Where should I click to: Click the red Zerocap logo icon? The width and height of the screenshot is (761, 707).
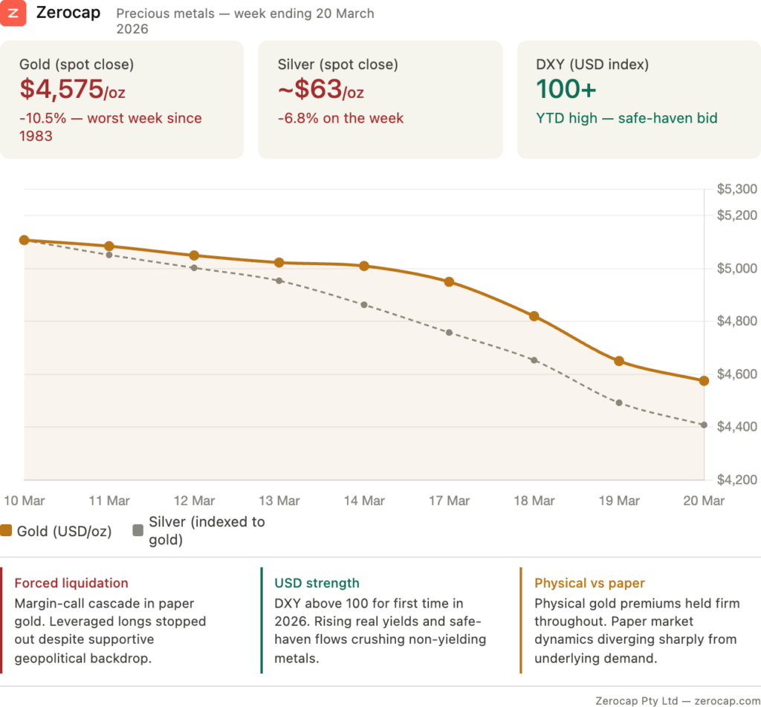13,13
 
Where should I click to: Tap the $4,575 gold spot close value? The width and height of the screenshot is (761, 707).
62,90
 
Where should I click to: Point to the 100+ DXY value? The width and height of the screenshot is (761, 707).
566,89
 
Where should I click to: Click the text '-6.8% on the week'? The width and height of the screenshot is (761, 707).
340,118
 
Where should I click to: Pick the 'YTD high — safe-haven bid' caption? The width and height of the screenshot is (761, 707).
626,118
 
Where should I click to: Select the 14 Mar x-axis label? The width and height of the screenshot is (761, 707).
364,501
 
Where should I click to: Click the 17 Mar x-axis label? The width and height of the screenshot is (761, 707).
449,501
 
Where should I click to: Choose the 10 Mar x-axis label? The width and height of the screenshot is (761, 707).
25,501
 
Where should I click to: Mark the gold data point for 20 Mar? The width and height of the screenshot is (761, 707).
704,380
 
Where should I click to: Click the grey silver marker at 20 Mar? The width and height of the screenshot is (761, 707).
704,425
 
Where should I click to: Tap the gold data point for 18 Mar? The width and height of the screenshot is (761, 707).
534,316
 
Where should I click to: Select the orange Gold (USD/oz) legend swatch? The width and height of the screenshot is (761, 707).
7,531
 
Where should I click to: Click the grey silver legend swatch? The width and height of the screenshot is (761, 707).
137,531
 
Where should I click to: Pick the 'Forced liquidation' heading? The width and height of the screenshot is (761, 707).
71,584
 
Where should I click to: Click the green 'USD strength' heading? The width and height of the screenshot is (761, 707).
317,584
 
